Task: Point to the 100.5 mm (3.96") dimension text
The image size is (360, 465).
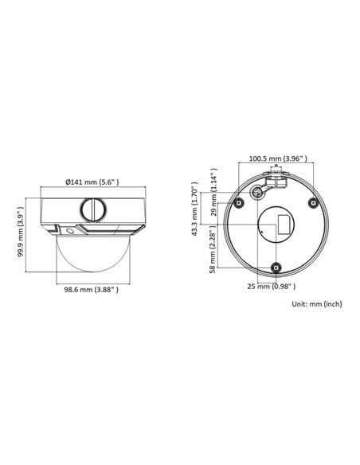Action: pos(277,159)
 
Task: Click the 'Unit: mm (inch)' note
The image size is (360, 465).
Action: pos(316,303)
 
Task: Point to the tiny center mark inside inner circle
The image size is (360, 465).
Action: pos(260,229)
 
